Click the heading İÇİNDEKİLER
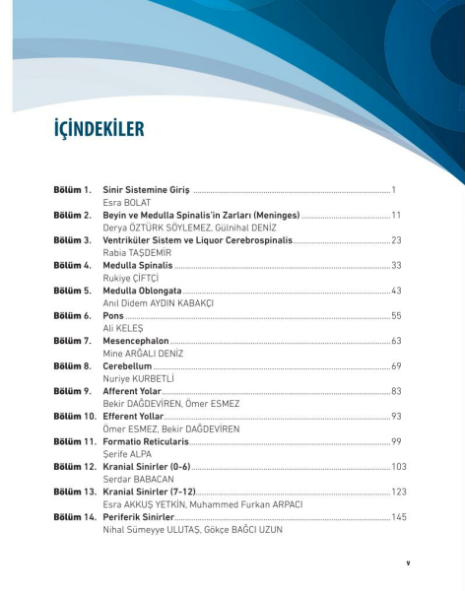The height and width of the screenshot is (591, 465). [x=99, y=130]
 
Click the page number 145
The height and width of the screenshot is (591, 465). [x=398, y=517]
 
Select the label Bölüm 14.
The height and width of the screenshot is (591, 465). [x=74, y=517]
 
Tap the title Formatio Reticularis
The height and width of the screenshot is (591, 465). [x=147, y=441]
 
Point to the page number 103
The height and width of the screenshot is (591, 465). [x=398, y=466]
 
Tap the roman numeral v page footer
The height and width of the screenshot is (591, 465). [x=408, y=563]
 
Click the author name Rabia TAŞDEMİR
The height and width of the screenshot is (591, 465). [x=136, y=252]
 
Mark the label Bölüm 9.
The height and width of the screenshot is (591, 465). [x=72, y=391]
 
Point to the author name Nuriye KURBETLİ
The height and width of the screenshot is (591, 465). [x=139, y=378]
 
